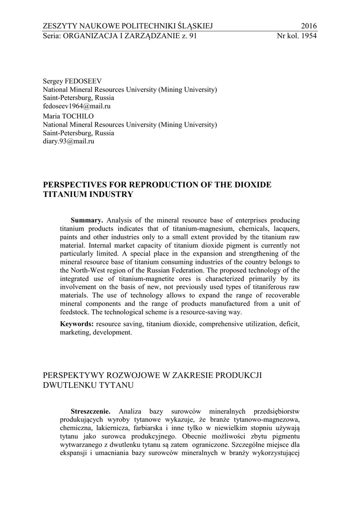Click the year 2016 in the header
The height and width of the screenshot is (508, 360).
[308, 26]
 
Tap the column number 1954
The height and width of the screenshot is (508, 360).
[308, 36]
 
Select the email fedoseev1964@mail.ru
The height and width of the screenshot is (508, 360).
[76, 106]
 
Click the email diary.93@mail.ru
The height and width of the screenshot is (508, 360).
[69, 141]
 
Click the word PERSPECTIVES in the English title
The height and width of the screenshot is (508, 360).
[75, 185]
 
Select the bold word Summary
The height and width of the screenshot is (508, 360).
[87, 220]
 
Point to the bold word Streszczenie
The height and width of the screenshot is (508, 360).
[90, 412]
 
